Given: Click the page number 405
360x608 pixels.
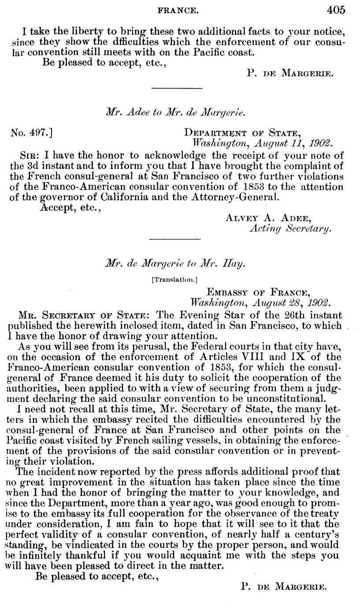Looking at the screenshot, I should pos(336,9).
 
